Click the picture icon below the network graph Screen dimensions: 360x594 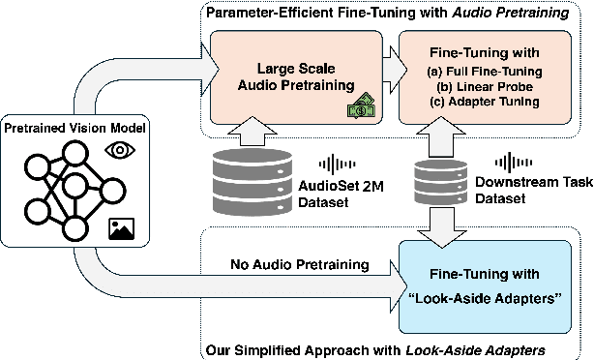pos(122,227)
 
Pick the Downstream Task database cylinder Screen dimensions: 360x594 pos(441,184)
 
